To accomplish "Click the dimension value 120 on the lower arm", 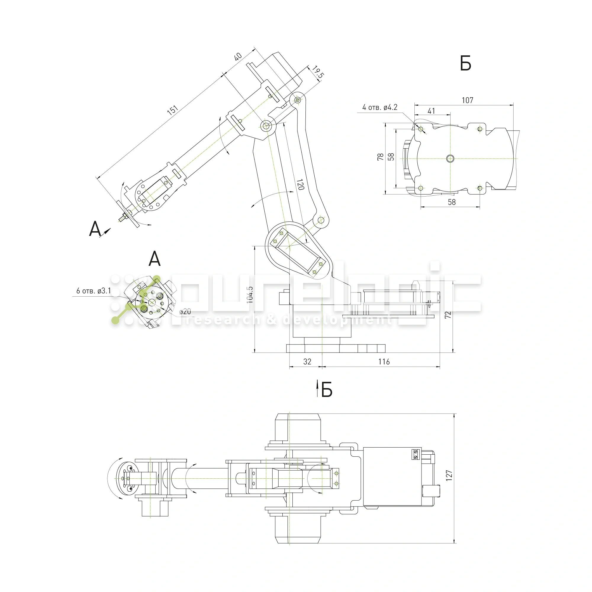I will pos(300,184).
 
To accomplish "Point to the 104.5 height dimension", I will pos(250,295).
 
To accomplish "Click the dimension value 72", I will pos(448,315).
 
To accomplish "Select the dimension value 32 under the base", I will pos(307,362).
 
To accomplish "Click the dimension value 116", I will pos(384,362).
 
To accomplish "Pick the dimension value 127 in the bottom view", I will pos(449,476).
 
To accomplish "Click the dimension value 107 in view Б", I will pos(467,100).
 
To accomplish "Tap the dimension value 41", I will pos(431,111).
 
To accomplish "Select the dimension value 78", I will pos(380,157).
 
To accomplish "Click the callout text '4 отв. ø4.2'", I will pos(380,107).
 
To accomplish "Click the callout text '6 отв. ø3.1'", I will pos(94,291).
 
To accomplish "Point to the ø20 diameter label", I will pos(185,312).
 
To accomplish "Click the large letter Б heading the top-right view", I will pos(465,64).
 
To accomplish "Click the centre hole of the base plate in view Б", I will pos(450,158).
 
